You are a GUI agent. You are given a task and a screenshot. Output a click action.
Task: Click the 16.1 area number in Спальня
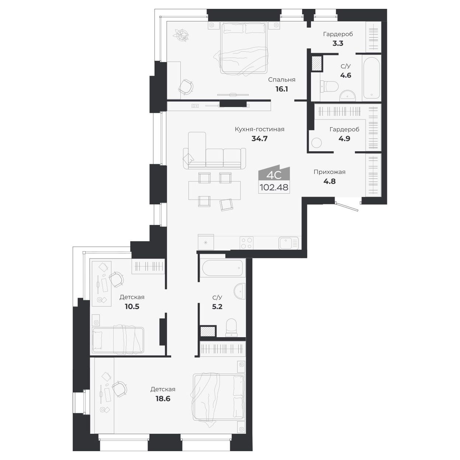click(281, 89)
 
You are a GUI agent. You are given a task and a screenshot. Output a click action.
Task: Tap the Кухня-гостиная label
click(259, 129)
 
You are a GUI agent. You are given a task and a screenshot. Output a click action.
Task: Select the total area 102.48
click(274, 187)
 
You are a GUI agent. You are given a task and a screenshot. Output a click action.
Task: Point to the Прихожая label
click(329, 172)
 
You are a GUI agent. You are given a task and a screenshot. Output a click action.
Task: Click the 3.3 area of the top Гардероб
click(338, 43)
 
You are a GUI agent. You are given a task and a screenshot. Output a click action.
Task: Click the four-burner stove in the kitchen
click(246, 243)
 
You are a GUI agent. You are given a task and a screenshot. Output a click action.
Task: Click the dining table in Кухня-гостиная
click(214, 190)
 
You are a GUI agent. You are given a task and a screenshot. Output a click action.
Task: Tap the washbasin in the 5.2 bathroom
click(240, 291)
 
